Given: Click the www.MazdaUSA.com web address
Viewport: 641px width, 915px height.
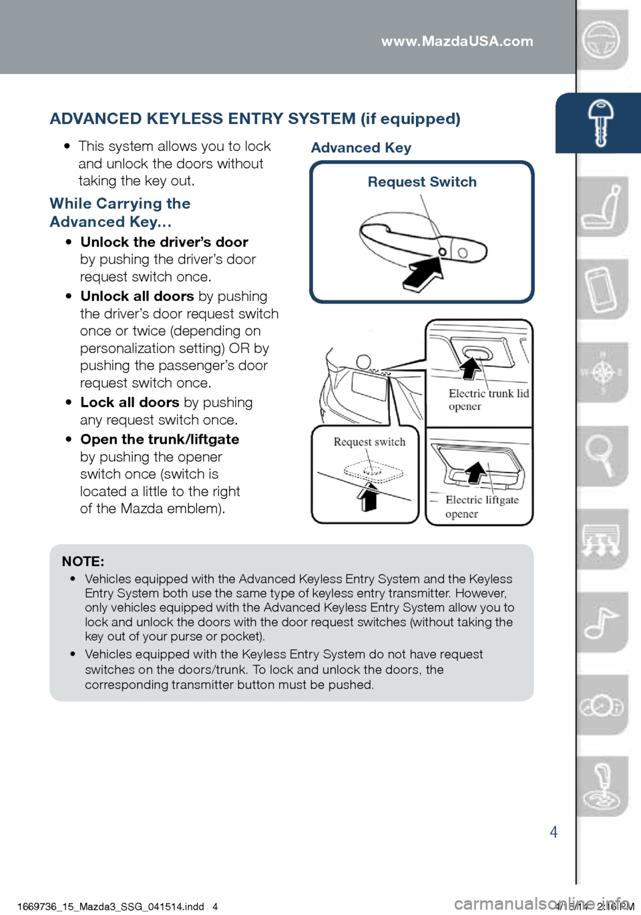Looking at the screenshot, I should tap(457, 41).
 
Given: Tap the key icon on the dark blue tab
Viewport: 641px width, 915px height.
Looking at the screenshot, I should tap(600, 122).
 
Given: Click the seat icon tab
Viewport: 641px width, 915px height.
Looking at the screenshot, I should tap(602, 207).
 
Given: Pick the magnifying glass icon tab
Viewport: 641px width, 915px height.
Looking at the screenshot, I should tap(601, 456).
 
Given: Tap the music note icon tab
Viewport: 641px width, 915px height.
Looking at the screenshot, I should tap(601, 623).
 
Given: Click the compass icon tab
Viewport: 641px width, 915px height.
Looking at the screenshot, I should tap(602, 372).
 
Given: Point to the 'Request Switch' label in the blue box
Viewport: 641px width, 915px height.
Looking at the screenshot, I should tap(422, 182).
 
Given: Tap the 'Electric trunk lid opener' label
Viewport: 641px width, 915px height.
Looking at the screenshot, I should tap(488, 400).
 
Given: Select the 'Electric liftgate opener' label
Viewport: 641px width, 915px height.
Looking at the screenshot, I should tap(481, 507).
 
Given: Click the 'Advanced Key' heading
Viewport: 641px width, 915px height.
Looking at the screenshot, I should tap(361, 148).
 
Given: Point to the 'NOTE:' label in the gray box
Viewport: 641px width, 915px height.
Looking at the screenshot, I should tap(83, 562).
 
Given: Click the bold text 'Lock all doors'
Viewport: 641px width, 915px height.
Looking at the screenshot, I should tap(130, 402).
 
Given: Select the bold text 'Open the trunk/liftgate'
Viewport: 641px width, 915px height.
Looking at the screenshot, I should tap(160, 439).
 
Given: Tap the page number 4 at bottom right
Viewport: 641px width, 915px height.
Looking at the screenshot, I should tap(554, 832).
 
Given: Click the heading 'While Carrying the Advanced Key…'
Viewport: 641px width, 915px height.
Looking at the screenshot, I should tap(120, 212).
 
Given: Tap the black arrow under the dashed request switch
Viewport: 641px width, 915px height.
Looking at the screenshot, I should tap(368, 497).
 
